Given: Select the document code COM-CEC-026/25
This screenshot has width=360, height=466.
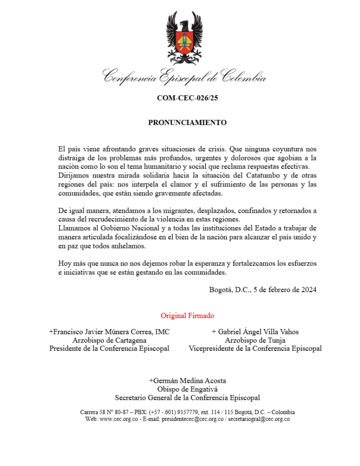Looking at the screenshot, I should [187, 98].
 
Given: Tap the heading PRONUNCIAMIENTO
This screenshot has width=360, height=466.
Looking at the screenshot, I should [187, 123].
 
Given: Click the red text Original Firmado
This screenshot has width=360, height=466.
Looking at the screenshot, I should [187, 315].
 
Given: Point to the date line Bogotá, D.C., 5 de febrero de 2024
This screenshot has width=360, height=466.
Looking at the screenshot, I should [263, 289].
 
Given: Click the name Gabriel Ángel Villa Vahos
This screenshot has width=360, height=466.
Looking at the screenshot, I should [255, 332].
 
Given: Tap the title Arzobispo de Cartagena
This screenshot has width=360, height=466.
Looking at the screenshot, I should [109, 340].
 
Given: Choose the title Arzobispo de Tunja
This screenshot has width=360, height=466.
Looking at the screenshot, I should [255, 340].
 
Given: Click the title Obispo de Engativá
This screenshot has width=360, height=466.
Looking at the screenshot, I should [187, 389].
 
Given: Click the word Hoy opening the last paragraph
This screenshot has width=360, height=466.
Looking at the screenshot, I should [64, 263].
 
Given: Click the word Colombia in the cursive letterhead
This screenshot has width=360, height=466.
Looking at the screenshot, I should [244, 76].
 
